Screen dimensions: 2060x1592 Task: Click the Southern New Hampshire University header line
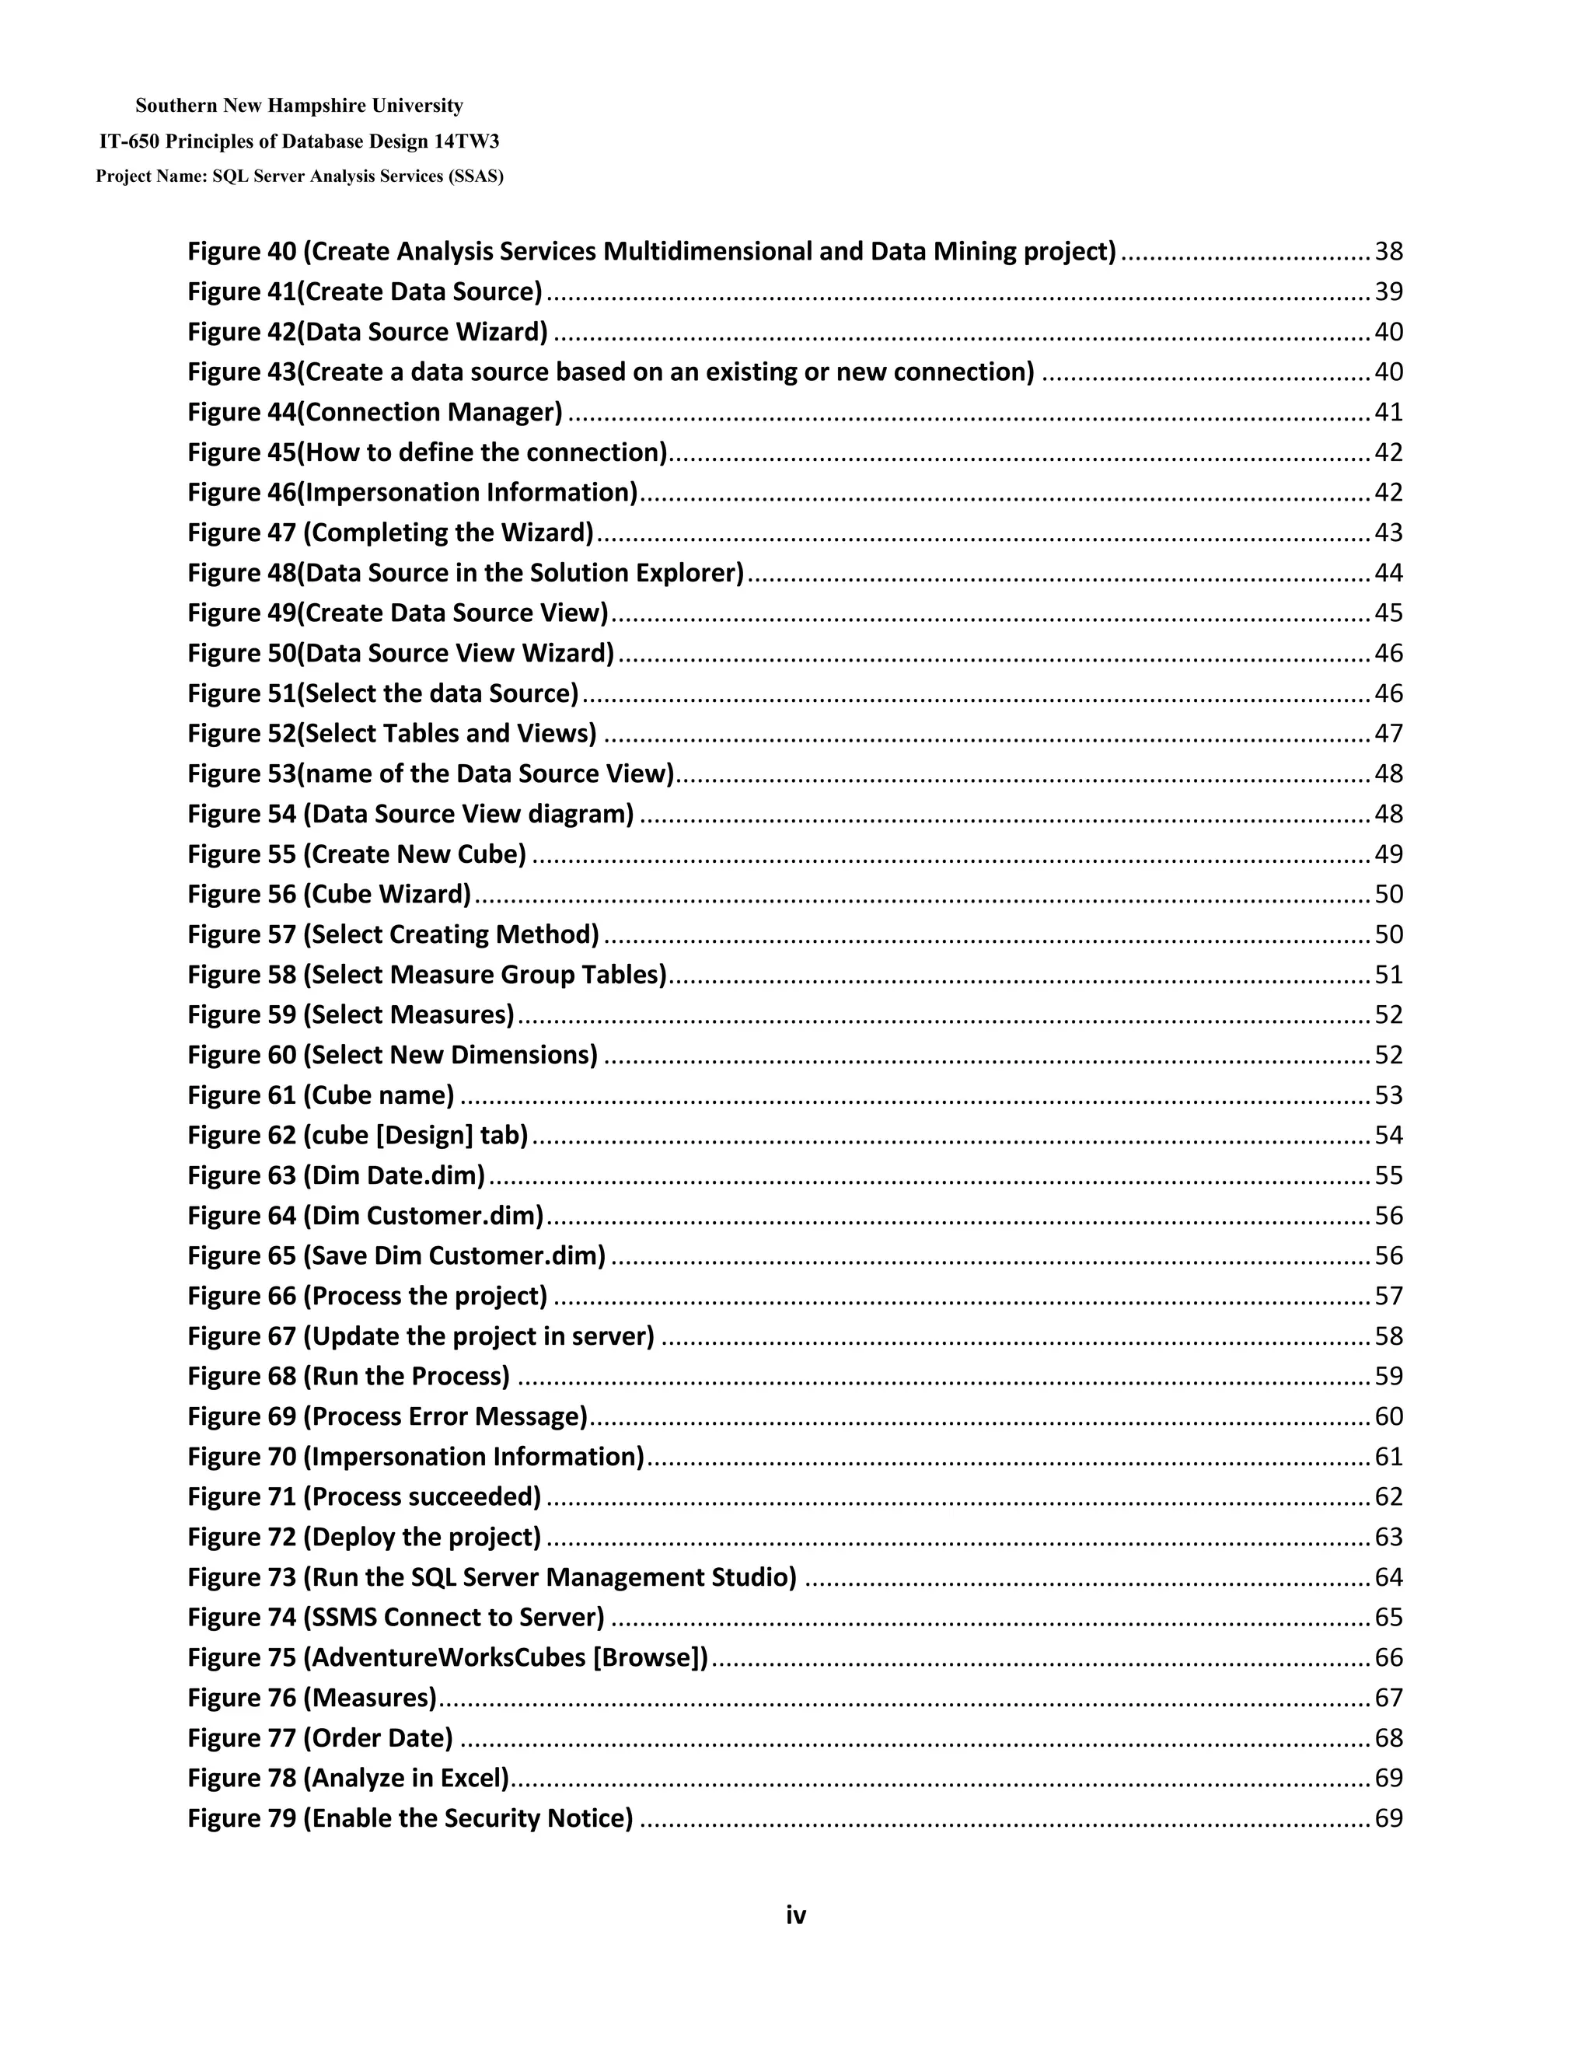click(x=299, y=106)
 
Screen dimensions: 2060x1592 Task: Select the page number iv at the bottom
click(x=796, y=1915)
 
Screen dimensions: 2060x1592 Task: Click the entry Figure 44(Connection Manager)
click(x=375, y=412)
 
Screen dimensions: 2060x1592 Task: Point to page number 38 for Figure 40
click(x=1388, y=252)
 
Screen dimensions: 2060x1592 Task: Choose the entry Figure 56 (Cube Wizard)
click(x=329, y=894)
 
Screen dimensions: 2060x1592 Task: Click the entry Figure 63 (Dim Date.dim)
click(x=336, y=1175)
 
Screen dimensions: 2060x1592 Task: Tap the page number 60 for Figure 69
click(x=1388, y=1416)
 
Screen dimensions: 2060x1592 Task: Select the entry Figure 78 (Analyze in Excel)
click(x=348, y=1778)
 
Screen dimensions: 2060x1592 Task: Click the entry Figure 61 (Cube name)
click(x=321, y=1095)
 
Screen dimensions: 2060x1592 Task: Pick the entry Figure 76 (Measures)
click(x=312, y=1698)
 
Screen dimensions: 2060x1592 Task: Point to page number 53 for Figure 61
click(x=1388, y=1095)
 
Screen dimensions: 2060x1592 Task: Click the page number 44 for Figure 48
click(x=1388, y=573)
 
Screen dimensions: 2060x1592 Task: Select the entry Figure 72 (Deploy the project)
click(x=364, y=1537)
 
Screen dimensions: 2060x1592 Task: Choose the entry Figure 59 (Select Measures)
click(x=351, y=1015)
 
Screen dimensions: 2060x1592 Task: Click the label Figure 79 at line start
click(x=242, y=1817)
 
